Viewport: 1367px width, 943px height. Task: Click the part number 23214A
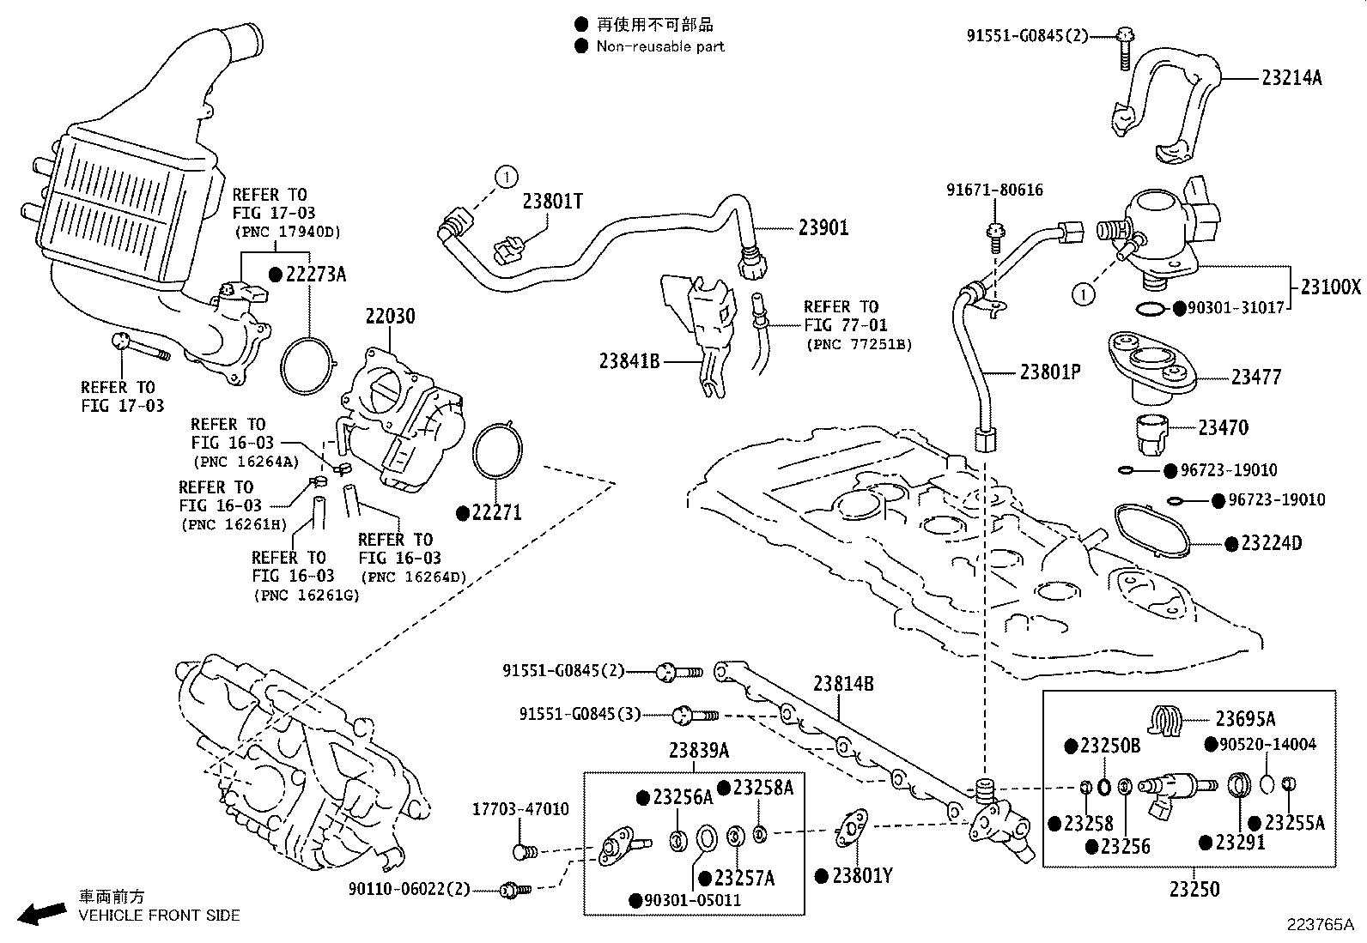pyautogui.click(x=1291, y=78)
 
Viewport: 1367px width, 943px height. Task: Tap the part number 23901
pyautogui.click(x=823, y=227)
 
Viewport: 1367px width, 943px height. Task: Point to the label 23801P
pyautogui.click(x=1049, y=372)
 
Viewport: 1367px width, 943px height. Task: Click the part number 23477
pyautogui.click(x=1255, y=377)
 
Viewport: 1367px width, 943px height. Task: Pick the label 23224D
pyautogui.click(x=1272, y=543)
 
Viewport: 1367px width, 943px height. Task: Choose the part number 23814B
pyautogui.click(x=843, y=684)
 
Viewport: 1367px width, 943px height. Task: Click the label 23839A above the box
pyautogui.click(x=698, y=751)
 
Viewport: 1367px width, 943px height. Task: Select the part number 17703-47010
pyautogui.click(x=520, y=809)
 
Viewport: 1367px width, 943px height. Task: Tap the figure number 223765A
pyautogui.click(x=1319, y=924)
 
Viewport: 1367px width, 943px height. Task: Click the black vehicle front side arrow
pyautogui.click(x=40, y=913)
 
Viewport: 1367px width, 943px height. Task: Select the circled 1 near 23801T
pyautogui.click(x=507, y=178)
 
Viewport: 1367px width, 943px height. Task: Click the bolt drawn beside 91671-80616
pyautogui.click(x=995, y=234)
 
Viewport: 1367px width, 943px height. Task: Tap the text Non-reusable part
pyautogui.click(x=659, y=46)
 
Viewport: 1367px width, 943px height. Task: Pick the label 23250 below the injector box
pyautogui.click(x=1194, y=889)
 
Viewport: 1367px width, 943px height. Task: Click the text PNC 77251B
pyautogui.click(x=858, y=344)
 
